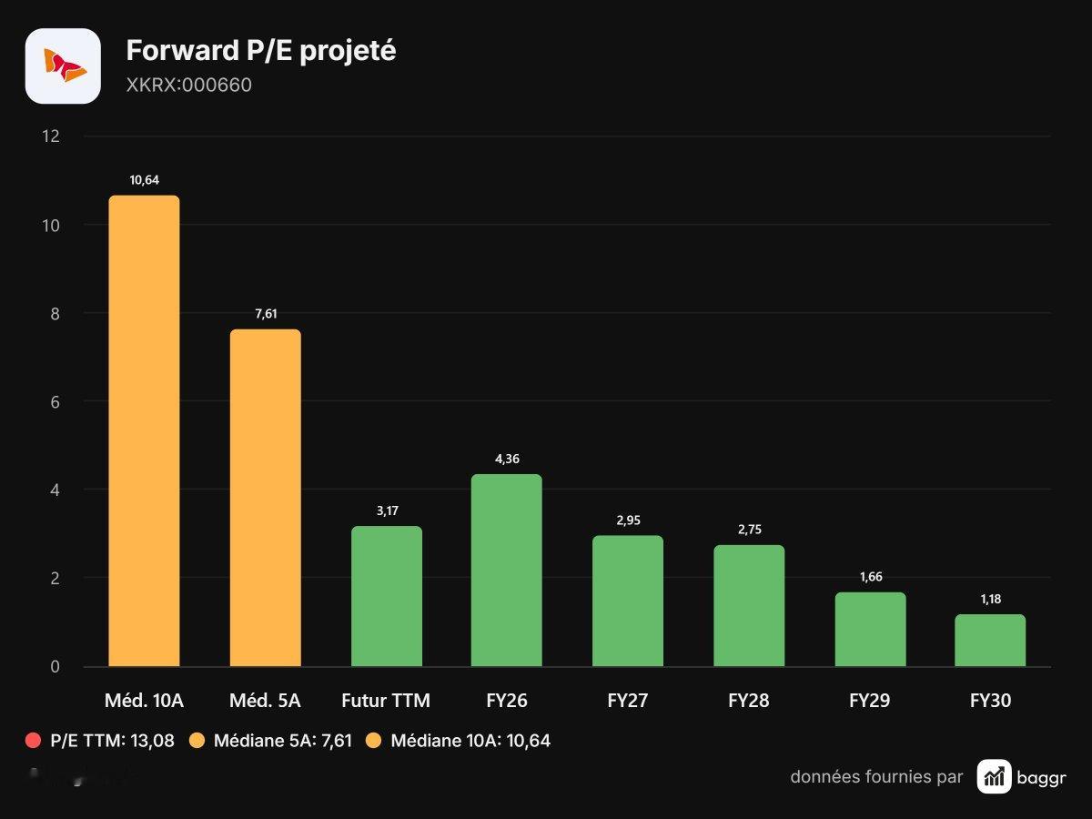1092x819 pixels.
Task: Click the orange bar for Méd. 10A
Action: tap(145, 430)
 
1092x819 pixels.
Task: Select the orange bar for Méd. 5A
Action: tap(265, 498)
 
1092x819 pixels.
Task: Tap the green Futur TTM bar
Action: tap(387, 596)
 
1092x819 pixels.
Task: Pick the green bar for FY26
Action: tap(507, 570)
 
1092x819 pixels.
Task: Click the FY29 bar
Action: tap(870, 630)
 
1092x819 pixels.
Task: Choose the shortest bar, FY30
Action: tap(990, 641)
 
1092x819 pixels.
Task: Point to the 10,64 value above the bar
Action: tap(145, 180)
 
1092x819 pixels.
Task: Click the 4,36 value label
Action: tap(507, 459)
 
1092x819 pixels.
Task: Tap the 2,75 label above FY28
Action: tap(750, 530)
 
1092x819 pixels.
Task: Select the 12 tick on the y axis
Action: tap(51, 136)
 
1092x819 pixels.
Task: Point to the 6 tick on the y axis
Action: tap(55, 402)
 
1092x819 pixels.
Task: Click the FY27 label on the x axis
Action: tap(628, 701)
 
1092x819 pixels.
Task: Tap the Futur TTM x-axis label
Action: tap(386, 701)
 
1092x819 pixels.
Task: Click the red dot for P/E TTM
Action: tap(33, 741)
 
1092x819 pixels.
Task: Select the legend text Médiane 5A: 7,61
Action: tap(283, 741)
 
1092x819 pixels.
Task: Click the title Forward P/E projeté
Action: tap(261, 51)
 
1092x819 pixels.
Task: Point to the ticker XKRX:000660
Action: tap(189, 85)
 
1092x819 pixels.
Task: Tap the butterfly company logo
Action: tap(63, 66)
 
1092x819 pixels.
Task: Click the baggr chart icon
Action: tap(994, 776)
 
